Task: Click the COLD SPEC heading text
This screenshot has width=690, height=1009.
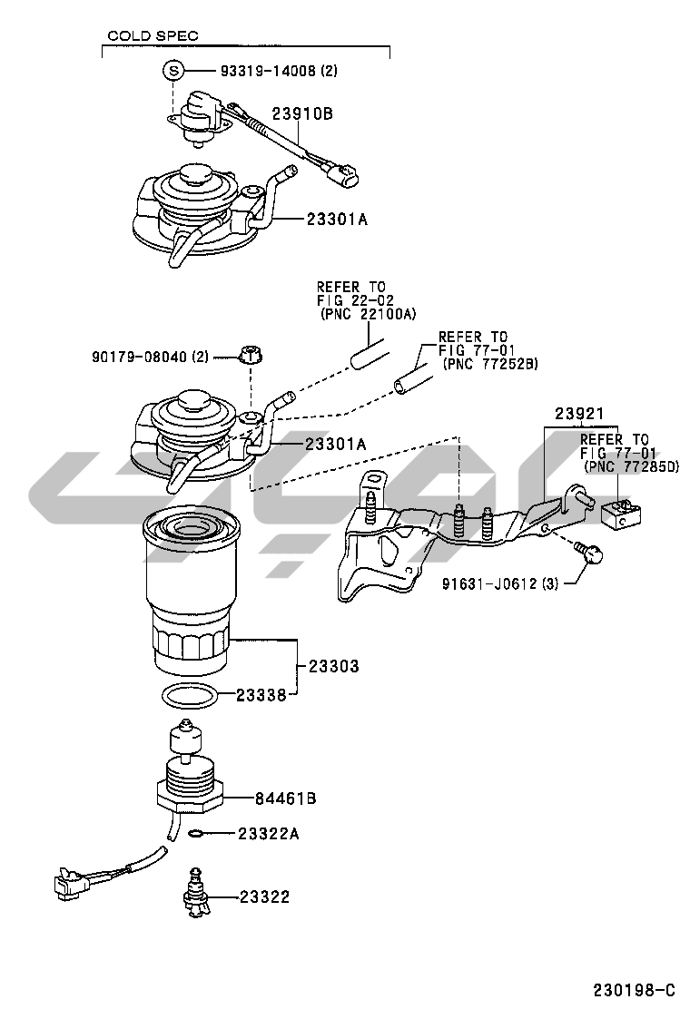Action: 152,36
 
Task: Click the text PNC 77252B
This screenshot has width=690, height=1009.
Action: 490,364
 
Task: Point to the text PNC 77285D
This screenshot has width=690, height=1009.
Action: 630,466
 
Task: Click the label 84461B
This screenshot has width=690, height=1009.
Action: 285,798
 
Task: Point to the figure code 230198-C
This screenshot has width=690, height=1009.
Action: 636,988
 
